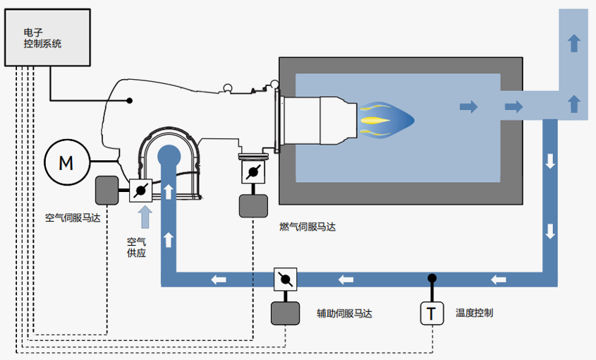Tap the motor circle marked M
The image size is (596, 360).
tap(66, 163)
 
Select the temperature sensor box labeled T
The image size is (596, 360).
tap(432, 313)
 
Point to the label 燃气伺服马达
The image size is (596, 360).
tap(308, 227)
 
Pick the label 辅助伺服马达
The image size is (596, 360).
tap(344, 313)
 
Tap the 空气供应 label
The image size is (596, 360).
tap(136, 247)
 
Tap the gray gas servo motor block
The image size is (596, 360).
tap(252, 205)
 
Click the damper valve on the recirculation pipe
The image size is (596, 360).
tap(285, 280)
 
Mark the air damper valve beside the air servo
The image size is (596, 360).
tap(141, 190)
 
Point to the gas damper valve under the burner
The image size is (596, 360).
tap(252, 172)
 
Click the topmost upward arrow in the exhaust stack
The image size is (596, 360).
tap(574, 42)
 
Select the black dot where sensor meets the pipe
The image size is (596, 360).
tap(432, 278)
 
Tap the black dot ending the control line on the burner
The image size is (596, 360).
tap(129, 100)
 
